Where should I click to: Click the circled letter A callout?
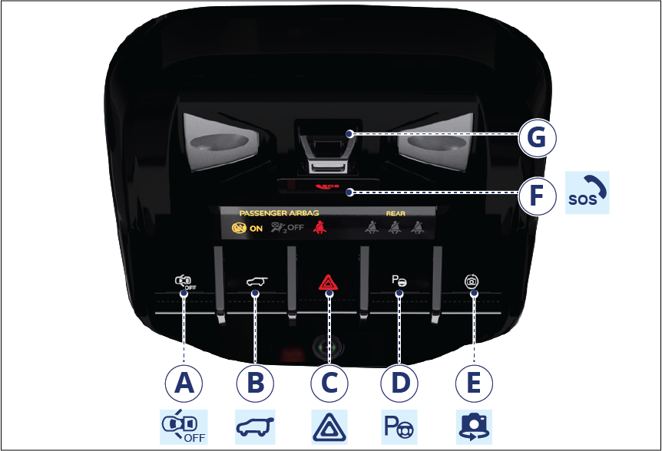point(184,384)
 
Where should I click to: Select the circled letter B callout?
point(255,384)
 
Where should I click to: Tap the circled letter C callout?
point(329,384)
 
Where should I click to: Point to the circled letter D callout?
point(399,384)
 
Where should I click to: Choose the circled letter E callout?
point(474,384)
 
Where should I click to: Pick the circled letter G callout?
point(537,137)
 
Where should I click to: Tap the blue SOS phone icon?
point(588,193)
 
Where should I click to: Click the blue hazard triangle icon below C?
point(329,427)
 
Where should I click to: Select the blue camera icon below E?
point(474,427)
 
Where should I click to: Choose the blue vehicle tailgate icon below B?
point(255,427)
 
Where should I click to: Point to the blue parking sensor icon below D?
point(399,427)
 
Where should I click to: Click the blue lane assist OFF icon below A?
point(184,427)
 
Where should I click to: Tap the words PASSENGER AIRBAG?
point(279,213)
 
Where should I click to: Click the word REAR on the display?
point(396,214)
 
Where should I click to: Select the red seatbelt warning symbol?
point(319,227)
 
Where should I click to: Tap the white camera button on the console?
point(472,281)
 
